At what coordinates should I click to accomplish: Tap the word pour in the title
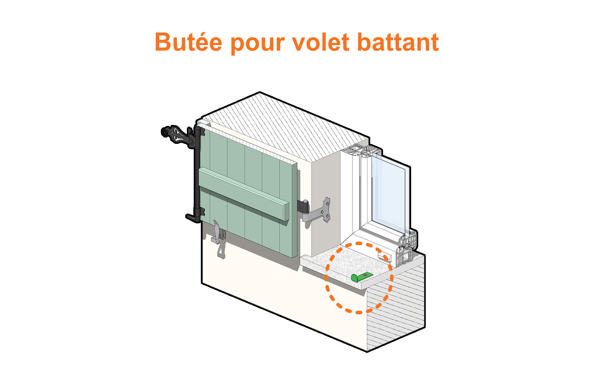click(257, 44)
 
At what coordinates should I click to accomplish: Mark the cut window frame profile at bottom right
click(407, 247)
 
